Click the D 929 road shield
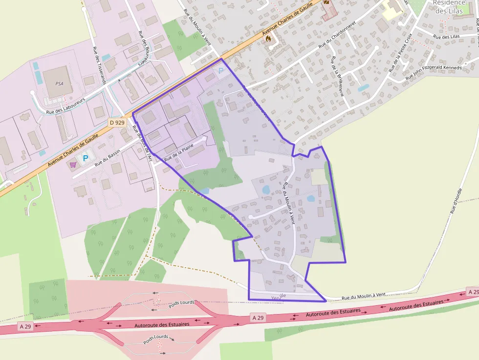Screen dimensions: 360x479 [117, 123]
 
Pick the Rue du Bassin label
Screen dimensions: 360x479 [108, 159]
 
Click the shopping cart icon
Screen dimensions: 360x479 [73, 165]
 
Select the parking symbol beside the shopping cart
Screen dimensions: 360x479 [86, 158]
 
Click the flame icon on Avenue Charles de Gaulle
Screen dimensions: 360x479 [268, 40]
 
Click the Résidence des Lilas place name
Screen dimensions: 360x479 [449, 7]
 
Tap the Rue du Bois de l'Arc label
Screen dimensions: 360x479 [142, 143]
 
